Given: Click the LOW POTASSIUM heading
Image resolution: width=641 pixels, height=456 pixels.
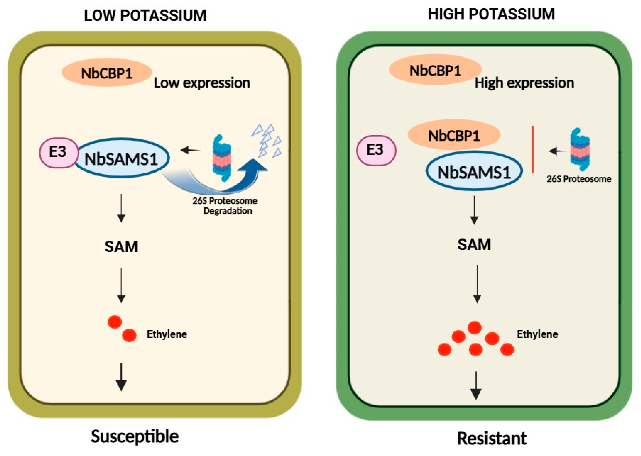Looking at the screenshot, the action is [145, 15].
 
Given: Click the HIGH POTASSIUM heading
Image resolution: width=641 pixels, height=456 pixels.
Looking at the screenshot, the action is [491, 14].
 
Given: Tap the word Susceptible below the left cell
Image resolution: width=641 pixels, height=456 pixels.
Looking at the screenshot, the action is [135, 437].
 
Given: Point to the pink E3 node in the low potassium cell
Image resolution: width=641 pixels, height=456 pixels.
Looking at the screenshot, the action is [59, 153].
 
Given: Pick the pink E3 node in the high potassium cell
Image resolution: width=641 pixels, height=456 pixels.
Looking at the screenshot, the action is [376, 150].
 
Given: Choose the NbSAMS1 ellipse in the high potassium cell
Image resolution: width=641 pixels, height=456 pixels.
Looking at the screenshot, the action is [474, 171].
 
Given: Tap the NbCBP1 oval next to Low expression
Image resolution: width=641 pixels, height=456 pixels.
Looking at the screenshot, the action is [107, 73].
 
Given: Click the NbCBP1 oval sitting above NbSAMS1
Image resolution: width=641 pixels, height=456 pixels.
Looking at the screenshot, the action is [454, 135].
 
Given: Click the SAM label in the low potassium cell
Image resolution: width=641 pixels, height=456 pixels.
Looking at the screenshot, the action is [121, 246].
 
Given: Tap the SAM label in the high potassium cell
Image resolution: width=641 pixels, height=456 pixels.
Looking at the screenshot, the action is [474, 244].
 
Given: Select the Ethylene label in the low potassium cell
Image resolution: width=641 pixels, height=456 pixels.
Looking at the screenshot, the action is [167, 334].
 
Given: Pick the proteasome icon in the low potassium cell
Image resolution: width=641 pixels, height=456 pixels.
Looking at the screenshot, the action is [222, 158].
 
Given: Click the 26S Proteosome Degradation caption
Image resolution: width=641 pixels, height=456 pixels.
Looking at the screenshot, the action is [225, 206].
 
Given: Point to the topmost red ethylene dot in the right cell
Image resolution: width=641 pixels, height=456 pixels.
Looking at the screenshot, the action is [475, 327].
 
